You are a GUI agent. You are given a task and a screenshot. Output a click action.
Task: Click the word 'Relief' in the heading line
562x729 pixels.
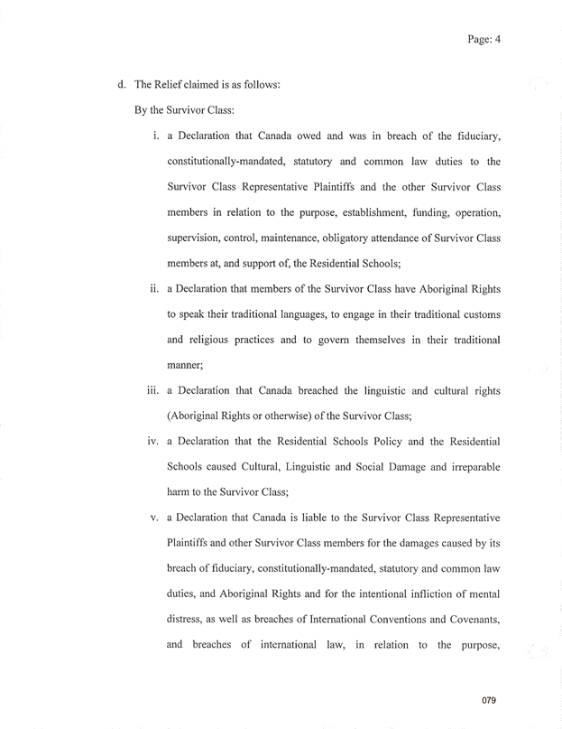coord(177,85)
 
